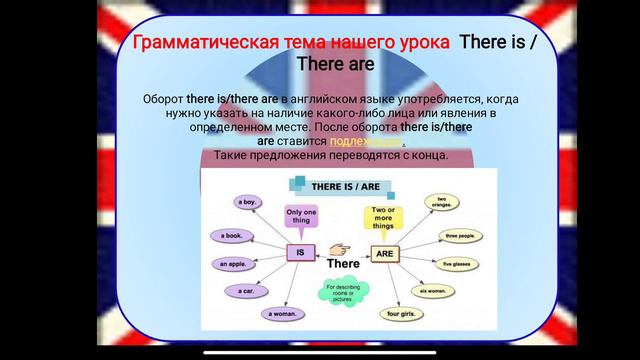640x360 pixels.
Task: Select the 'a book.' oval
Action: [x=233, y=236]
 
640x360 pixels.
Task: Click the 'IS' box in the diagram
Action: [x=300, y=253]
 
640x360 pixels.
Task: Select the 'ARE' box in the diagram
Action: [x=384, y=253]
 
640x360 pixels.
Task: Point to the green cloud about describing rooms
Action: [x=343, y=295]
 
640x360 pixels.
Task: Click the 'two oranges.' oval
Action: [x=440, y=202]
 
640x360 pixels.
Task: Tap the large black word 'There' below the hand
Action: [x=342, y=264]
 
